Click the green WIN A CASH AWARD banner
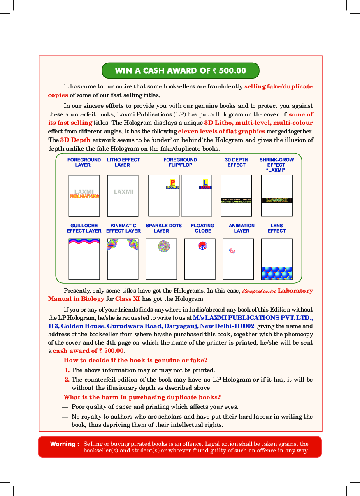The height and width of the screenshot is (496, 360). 180,70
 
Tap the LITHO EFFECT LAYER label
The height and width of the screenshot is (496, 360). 123,162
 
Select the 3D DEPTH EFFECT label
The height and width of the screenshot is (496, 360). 236,162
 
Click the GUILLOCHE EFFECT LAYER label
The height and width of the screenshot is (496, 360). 84,228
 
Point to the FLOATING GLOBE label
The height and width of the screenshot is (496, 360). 202,228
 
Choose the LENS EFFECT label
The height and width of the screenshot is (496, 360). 276,228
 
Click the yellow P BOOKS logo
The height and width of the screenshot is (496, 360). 173,184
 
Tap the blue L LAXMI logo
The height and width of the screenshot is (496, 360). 205,184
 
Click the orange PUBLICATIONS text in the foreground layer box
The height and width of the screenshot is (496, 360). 84,196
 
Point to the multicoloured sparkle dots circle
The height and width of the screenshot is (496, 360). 164,247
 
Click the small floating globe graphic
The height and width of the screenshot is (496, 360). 202,246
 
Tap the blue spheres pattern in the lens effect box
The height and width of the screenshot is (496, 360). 276,273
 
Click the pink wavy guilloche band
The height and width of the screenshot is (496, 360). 84,242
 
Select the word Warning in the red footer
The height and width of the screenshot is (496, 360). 64,444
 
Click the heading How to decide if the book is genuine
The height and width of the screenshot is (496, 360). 135,360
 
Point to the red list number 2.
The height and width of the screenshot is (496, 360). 67,379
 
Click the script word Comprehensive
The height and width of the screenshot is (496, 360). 259,291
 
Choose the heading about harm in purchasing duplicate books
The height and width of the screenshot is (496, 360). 142,397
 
